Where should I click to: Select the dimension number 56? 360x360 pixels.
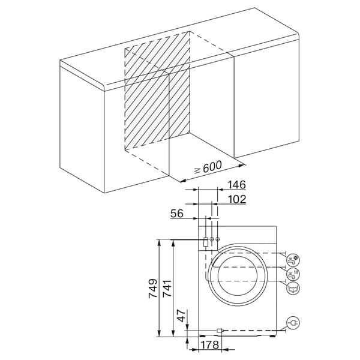point(177,214)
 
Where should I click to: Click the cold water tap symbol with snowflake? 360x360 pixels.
point(293,260)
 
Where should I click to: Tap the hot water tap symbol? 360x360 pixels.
point(293,275)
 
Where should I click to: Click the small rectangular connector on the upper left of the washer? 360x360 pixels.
point(206,242)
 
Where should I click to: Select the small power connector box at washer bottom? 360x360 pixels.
point(220,330)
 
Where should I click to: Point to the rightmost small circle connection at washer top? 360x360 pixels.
point(218,240)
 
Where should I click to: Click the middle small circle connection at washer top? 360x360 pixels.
point(212,240)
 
